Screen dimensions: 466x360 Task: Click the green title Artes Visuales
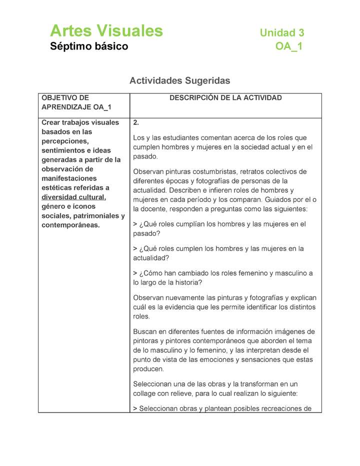pyautogui.click(x=106, y=31)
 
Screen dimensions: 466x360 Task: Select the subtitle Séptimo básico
pyautogui.click(x=89, y=46)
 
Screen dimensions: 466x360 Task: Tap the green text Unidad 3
pyautogui.click(x=281, y=33)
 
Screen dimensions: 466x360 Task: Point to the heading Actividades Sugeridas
pyautogui.click(x=179, y=80)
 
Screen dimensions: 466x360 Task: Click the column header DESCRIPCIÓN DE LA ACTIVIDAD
pyautogui.click(x=225, y=98)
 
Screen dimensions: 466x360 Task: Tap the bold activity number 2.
pyautogui.click(x=136, y=122)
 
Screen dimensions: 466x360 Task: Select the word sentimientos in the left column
pyautogui.click(x=63, y=150)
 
